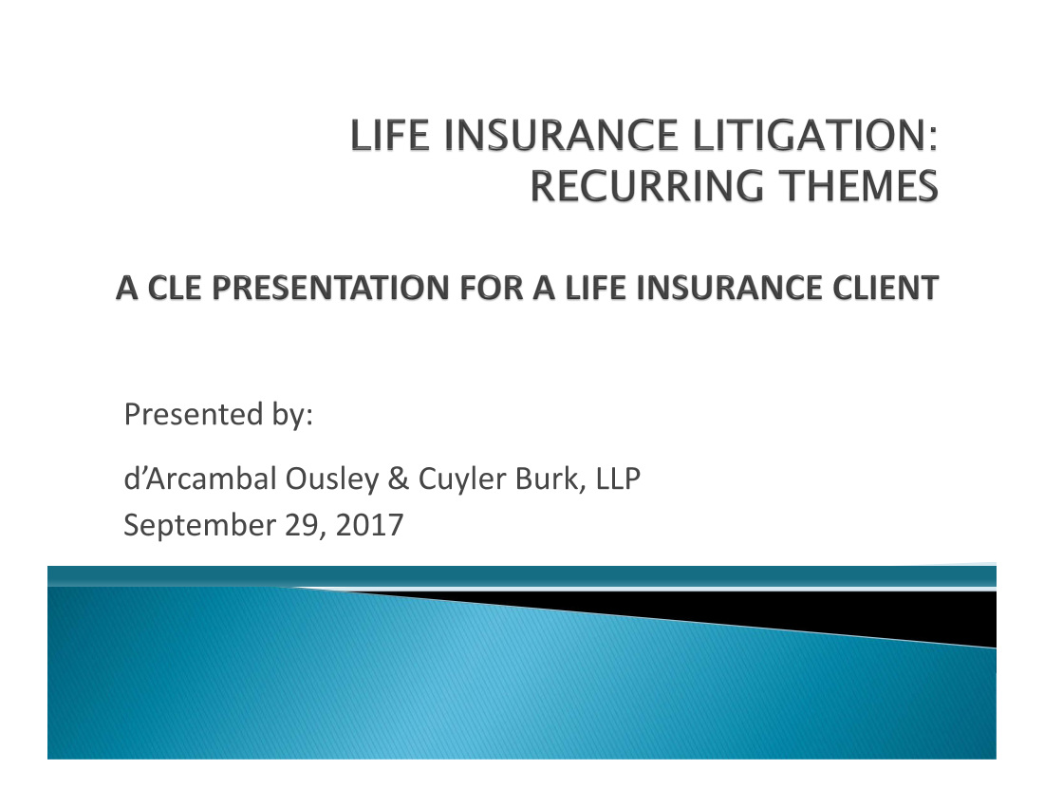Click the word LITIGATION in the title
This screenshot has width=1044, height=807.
click(815, 135)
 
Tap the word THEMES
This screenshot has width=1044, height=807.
click(860, 186)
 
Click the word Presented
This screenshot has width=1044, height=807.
click(194, 414)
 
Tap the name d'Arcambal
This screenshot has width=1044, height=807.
click(199, 479)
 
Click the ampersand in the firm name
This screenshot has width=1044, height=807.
click(399, 479)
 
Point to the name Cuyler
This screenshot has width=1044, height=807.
click(462, 479)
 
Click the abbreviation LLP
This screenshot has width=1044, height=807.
click(618, 479)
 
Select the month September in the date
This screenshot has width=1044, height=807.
click(199, 525)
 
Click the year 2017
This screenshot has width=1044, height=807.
click(369, 525)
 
